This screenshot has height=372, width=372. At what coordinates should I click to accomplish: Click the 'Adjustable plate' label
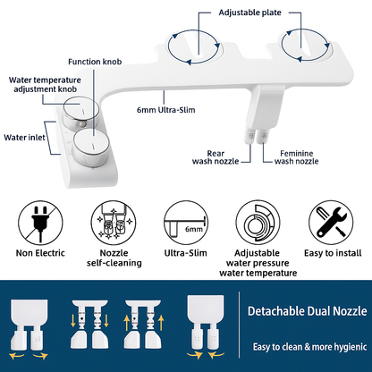249,13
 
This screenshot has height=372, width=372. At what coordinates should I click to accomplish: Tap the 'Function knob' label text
95,62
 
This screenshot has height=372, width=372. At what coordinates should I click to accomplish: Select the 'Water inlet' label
24,138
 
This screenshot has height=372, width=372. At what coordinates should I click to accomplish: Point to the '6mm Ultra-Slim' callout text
165,110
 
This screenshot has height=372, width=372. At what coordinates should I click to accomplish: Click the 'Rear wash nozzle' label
216,157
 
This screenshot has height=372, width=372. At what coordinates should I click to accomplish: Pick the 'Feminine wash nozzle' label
296,157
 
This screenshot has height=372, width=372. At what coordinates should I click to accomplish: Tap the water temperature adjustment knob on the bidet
80,111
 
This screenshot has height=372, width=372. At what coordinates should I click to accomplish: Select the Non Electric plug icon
40,223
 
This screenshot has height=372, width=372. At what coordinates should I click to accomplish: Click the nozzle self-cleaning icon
114,223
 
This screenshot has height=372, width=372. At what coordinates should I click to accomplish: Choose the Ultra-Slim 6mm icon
186,223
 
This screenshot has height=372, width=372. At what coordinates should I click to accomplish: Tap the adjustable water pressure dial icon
258,223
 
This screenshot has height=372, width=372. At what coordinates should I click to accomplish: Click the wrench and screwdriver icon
331,223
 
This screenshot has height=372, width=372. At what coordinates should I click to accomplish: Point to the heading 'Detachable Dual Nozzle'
307,311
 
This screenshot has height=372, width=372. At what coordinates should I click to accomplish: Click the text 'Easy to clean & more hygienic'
309,347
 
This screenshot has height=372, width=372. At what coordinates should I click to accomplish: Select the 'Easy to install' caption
333,253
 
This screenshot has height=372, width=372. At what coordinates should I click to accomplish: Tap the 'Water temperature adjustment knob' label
45,85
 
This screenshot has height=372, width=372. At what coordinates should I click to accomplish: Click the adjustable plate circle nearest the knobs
194,46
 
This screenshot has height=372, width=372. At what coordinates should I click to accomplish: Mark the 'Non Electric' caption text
40,253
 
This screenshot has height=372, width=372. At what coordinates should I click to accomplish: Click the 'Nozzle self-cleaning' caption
114,258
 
